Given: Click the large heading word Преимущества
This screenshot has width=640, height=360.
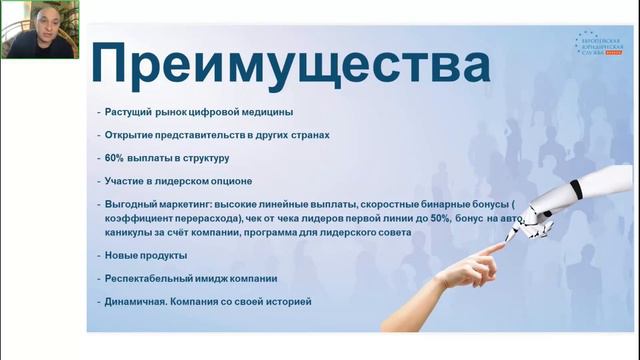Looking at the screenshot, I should click(x=290, y=67).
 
